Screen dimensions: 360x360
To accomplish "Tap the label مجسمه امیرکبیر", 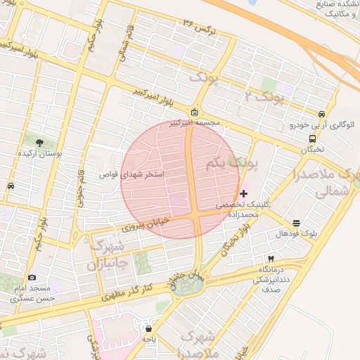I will pyautogui.click(x=195, y=123).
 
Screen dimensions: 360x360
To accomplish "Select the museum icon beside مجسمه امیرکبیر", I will pyautogui.click(x=195, y=112).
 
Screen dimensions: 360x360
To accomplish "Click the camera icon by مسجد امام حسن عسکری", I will pyautogui.click(x=32, y=278).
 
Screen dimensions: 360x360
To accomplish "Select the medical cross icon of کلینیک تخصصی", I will pyautogui.click(x=244, y=193).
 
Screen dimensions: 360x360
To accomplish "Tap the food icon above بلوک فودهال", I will pyautogui.click(x=296, y=223).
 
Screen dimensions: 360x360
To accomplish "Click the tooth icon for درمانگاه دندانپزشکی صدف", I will pyautogui.click(x=271, y=259).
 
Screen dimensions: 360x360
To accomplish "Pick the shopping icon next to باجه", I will pyautogui.click(x=148, y=328).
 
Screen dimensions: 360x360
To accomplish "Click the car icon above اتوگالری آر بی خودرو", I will pyautogui.click(x=321, y=115).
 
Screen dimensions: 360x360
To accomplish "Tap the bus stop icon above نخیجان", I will pyautogui.click(x=312, y=139).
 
